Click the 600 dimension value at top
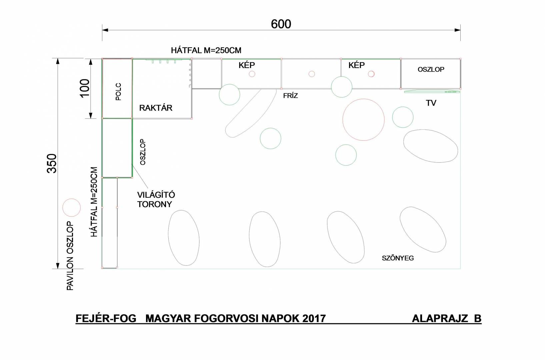pos(281,24)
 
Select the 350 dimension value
pos(52,163)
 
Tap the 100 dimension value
pos(85,88)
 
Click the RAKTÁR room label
pos(156,108)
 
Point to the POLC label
pos(118,92)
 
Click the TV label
pos(431,103)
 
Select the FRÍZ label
pos(291,96)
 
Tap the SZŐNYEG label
pos(398,258)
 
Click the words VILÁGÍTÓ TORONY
pos(156,199)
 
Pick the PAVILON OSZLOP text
pos(70,256)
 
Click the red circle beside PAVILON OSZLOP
pos(72,199)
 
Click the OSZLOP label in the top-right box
pos(431,70)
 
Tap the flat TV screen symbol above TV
pos(432,92)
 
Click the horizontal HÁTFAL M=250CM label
pos(206,50)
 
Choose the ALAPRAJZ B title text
pos(447,318)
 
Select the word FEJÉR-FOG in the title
pos(106,318)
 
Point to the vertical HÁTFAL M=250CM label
pos(94,202)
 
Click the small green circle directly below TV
pos(403,107)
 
